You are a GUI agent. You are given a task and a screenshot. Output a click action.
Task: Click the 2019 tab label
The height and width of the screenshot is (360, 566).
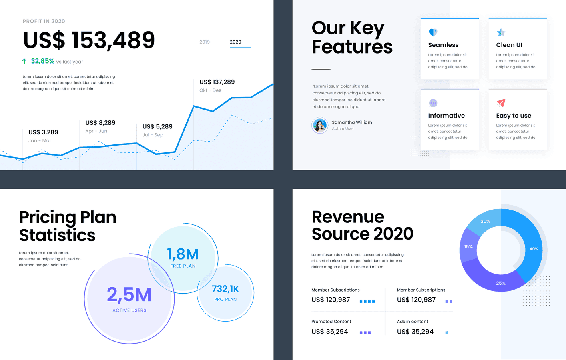point(205,42)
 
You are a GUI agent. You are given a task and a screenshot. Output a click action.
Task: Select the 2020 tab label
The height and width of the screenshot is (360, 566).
point(235,42)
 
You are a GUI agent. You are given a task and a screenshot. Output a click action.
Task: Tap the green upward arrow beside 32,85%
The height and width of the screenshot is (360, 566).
point(24,61)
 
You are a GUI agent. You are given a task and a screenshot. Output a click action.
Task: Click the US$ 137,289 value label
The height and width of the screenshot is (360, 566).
point(217,82)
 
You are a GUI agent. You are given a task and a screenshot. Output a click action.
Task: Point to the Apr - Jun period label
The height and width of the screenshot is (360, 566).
point(96,131)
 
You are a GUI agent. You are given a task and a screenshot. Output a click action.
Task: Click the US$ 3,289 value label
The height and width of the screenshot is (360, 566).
point(43,132)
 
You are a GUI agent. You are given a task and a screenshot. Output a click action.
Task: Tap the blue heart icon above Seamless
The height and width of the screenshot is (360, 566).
point(433,32)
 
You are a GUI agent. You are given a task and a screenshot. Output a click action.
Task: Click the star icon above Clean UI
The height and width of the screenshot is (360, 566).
point(501,32)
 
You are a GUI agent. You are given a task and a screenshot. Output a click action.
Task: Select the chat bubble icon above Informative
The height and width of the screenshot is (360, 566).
point(433,103)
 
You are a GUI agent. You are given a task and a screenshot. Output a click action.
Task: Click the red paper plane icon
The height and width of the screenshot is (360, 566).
point(501,103)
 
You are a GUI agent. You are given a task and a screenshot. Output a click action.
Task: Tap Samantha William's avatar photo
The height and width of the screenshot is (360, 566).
point(320,125)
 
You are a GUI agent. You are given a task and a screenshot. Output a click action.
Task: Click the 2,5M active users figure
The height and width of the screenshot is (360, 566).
point(129,295)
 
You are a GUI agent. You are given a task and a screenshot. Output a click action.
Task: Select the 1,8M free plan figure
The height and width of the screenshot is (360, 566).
point(183,254)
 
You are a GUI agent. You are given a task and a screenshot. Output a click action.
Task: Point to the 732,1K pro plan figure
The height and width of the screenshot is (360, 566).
point(225,289)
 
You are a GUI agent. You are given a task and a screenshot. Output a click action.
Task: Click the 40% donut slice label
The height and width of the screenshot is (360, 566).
point(534,249)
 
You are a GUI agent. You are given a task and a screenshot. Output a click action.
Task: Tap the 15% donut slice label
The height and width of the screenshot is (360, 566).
point(468,247)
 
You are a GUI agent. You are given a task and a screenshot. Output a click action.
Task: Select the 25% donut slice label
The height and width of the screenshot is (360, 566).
point(501,283)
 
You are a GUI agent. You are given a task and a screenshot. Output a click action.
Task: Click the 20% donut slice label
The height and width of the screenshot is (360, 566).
point(485,221)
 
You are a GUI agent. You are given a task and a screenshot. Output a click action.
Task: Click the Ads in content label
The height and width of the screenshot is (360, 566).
point(412,322)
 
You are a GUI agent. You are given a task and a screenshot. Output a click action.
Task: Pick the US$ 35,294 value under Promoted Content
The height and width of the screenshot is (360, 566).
point(329,332)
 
